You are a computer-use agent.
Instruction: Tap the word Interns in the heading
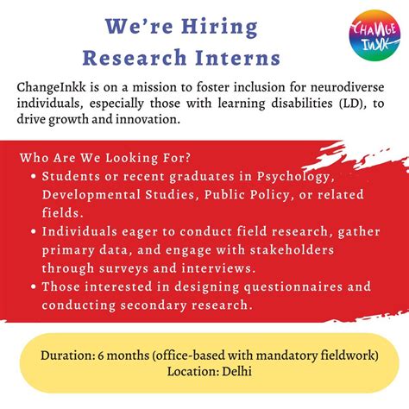pyautogui.click(x=236, y=58)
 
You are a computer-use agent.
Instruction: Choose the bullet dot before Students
pyautogui.click(x=33, y=177)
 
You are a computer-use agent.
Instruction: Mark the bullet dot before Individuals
pyautogui.click(x=33, y=232)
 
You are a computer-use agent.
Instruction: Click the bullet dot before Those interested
pyautogui.click(x=33, y=286)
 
